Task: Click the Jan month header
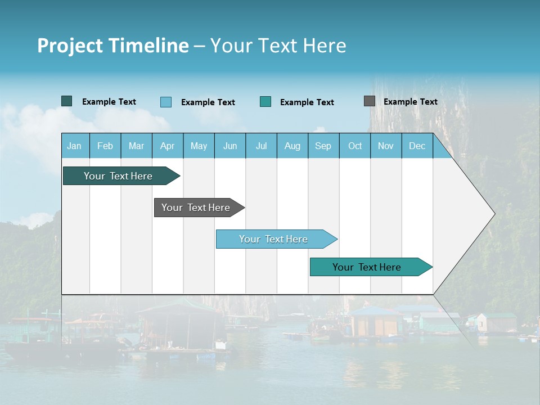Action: coord(74,146)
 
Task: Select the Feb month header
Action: coord(105,146)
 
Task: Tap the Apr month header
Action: coord(168,146)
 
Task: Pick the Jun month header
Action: coord(230,146)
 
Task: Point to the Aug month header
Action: coord(292,146)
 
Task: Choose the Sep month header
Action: coord(323,146)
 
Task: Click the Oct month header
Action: coord(355,146)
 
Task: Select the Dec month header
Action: coord(417,146)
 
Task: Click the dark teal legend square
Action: coord(67,101)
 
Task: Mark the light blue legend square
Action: coord(166,102)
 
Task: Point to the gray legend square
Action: coord(370,101)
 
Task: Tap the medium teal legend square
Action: coord(265,102)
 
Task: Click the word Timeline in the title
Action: coord(148,46)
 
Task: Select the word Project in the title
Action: coord(70,46)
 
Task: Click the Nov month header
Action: coord(386,146)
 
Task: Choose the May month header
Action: coord(199,146)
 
